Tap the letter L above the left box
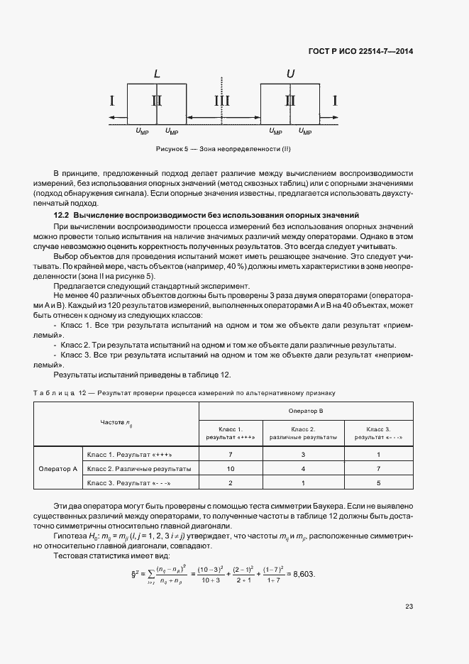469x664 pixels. (x=157, y=74)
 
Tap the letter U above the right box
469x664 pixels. (x=289, y=74)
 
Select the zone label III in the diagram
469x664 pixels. (x=222, y=101)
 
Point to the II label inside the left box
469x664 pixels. (x=157, y=101)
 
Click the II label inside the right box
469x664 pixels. (x=289, y=101)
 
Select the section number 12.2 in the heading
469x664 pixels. (x=62, y=215)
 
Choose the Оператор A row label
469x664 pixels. (x=57, y=470)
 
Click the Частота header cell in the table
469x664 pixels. (x=116, y=424)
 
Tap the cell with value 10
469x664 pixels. (x=231, y=470)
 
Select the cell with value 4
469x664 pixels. (x=303, y=470)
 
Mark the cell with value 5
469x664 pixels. (x=379, y=484)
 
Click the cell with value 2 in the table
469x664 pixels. (x=231, y=484)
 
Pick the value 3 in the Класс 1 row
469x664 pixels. (x=303, y=454)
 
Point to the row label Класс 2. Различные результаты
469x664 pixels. (x=138, y=470)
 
